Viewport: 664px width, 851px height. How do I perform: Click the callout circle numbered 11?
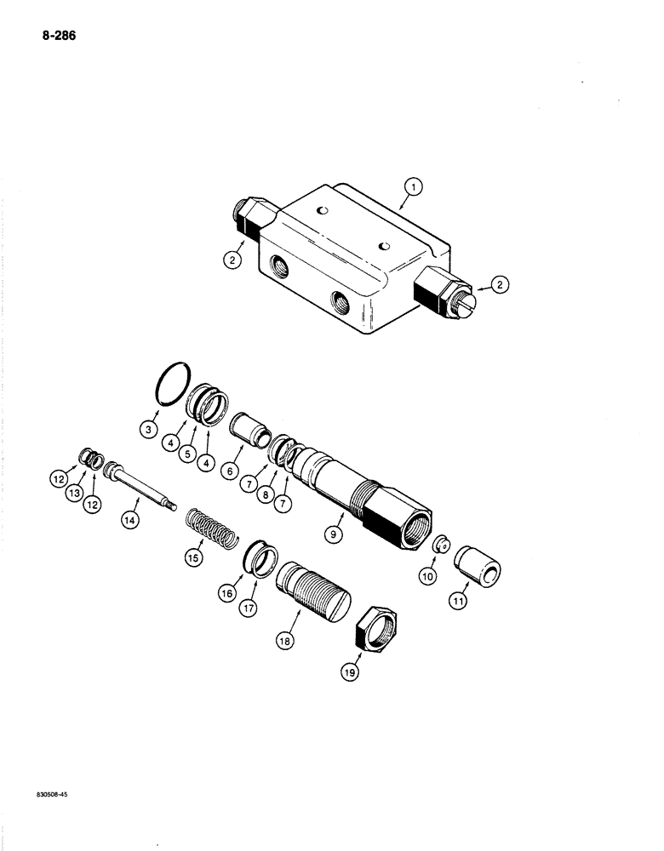pyautogui.click(x=460, y=601)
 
